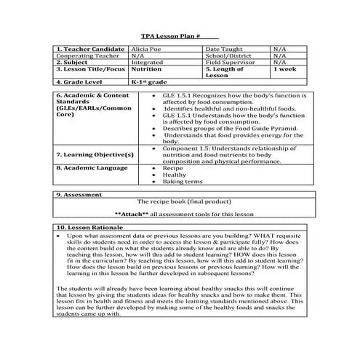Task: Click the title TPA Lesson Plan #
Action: pos(169,35)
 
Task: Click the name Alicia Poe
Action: pos(148,49)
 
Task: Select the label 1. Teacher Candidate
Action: pos(88,49)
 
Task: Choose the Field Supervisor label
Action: pos(231,62)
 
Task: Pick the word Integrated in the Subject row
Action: pos(146,62)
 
